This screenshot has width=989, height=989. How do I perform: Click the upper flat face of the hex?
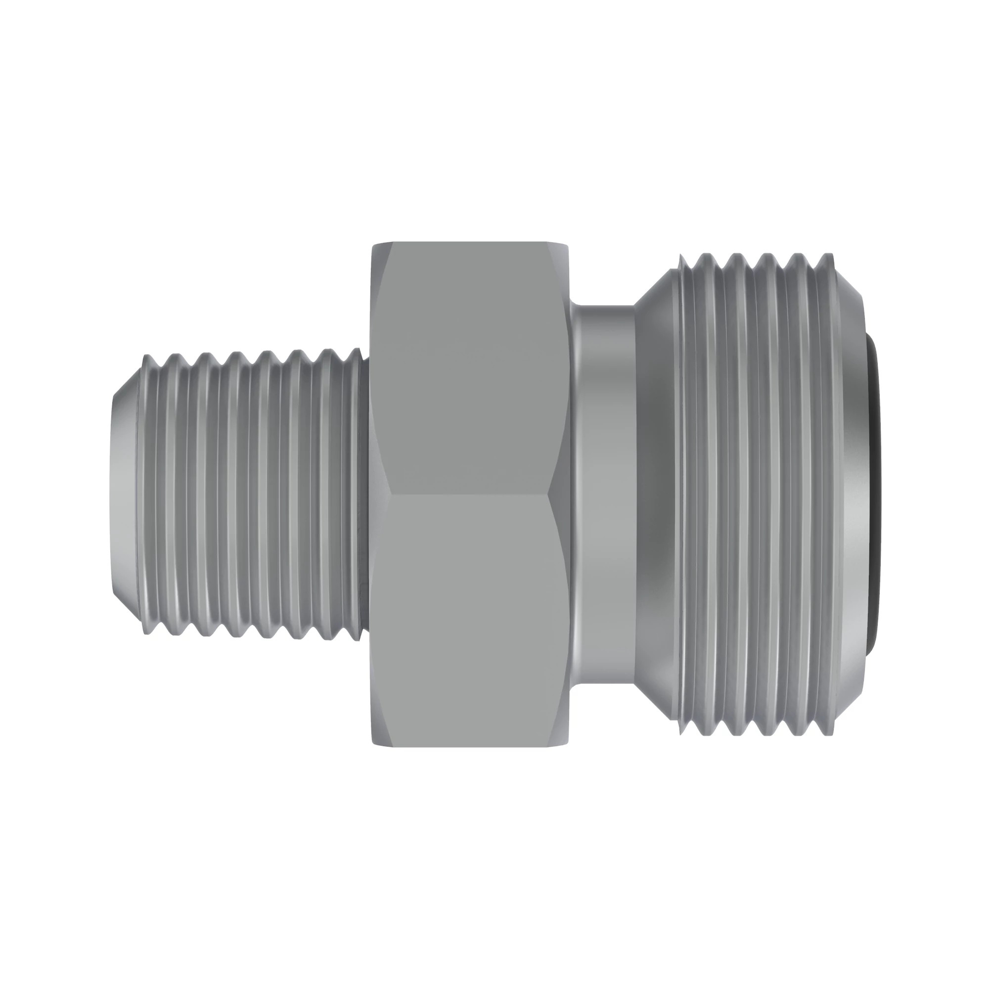(x=468, y=368)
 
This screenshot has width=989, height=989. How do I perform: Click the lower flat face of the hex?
(x=468, y=620)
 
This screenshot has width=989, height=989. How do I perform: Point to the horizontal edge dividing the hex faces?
(x=468, y=494)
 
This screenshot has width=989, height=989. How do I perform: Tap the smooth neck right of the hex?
(x=604, y=494)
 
